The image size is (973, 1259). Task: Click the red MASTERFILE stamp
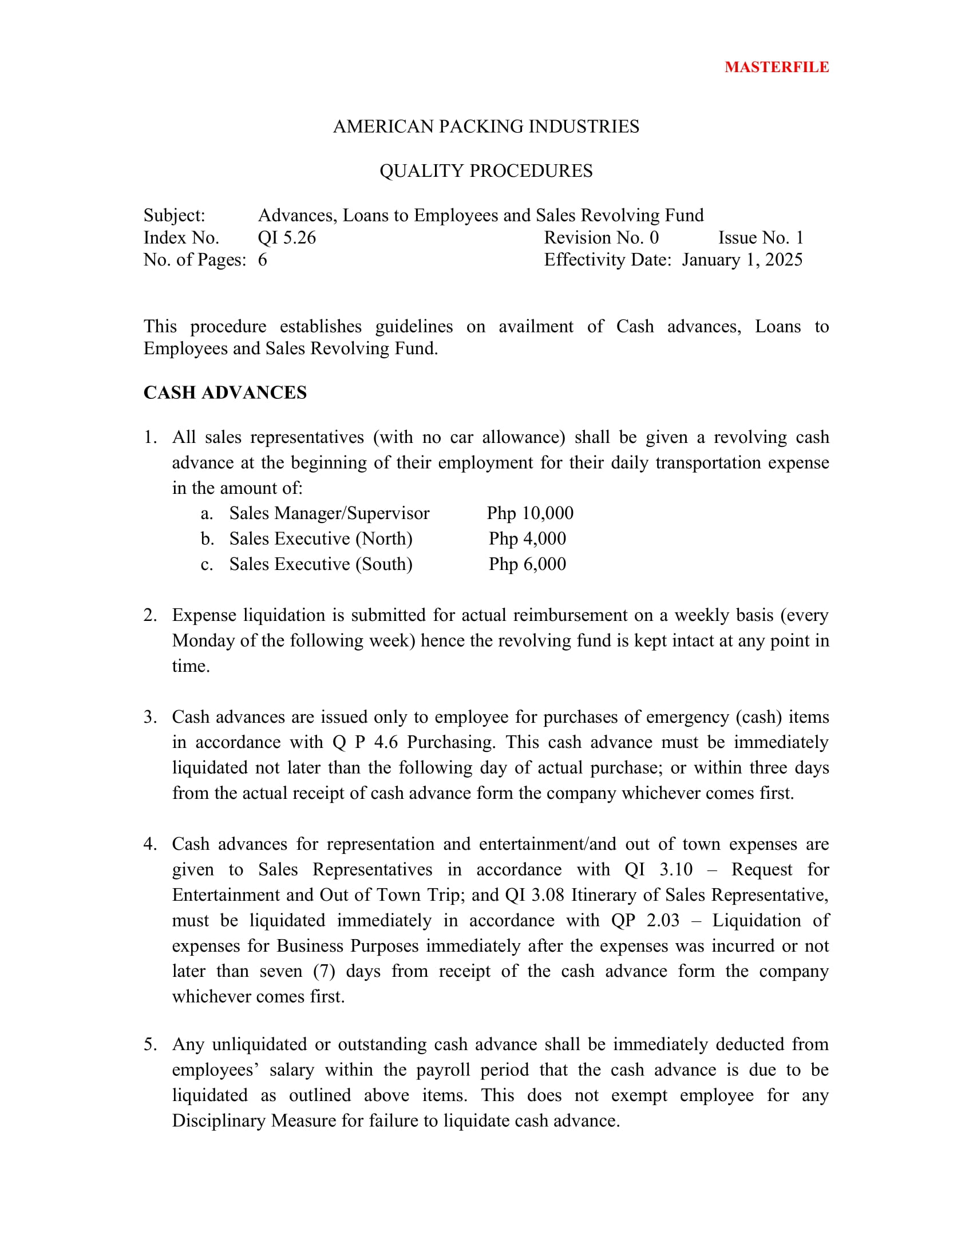777,68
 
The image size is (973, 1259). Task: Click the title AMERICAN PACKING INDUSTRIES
486,127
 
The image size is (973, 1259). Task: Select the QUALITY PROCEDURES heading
486,171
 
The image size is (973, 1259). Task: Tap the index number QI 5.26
287,237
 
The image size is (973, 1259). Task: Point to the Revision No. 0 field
601,237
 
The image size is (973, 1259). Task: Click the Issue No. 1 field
760,237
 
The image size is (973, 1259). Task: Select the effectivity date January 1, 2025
742,260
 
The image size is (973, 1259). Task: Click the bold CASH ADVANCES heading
225,393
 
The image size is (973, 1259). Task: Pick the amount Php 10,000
530,513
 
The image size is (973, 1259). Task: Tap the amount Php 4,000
528,539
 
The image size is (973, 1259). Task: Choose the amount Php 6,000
528,564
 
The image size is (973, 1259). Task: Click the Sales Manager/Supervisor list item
329,513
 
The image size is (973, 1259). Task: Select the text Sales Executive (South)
321,564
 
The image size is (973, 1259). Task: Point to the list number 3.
150,717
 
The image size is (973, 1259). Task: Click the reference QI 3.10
658,869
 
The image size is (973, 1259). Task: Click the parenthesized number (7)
324,971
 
